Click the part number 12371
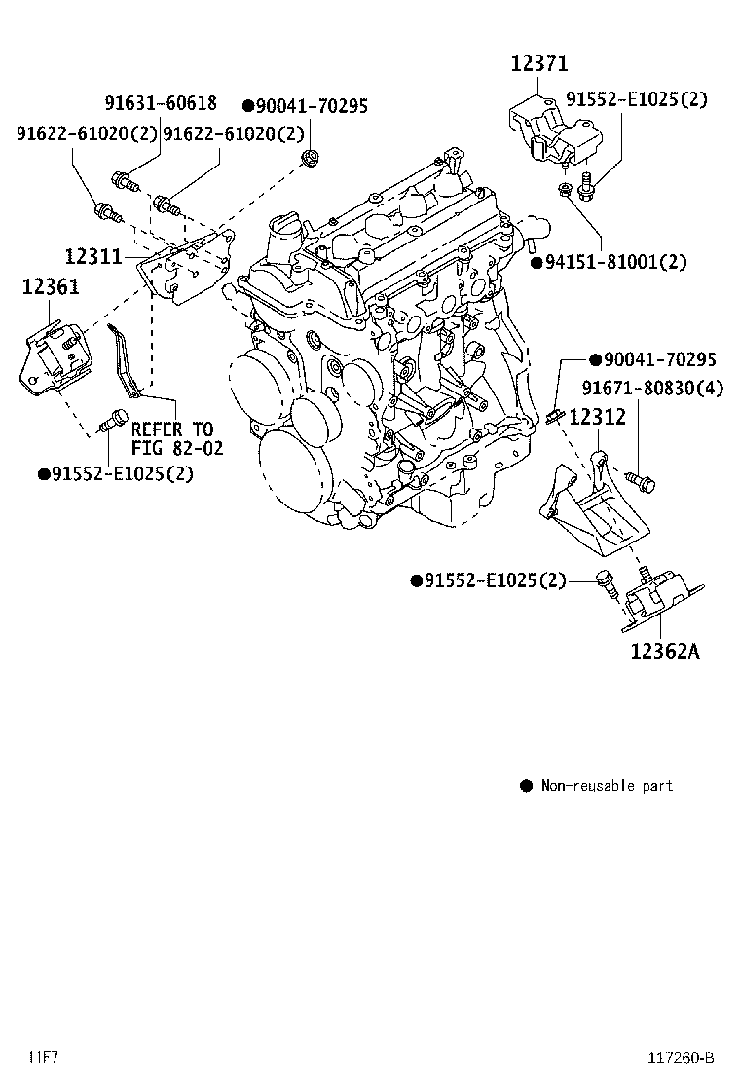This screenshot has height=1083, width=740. [x=539, y=64]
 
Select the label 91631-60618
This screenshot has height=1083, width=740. [x=161, y=103]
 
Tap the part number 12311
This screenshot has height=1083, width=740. [x=93, y=257]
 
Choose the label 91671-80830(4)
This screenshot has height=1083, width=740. [x=653, y=389]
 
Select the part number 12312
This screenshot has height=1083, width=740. [x=597, y=418]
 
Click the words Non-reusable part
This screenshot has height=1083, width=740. [x=606, y=785]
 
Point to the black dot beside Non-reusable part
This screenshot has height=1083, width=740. [x=526, y=785]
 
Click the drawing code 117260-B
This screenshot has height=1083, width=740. [x=680, y=1057]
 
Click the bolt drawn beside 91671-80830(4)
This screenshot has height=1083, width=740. [x=642, y=480]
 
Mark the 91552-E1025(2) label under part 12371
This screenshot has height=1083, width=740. [x=637, y=99]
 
